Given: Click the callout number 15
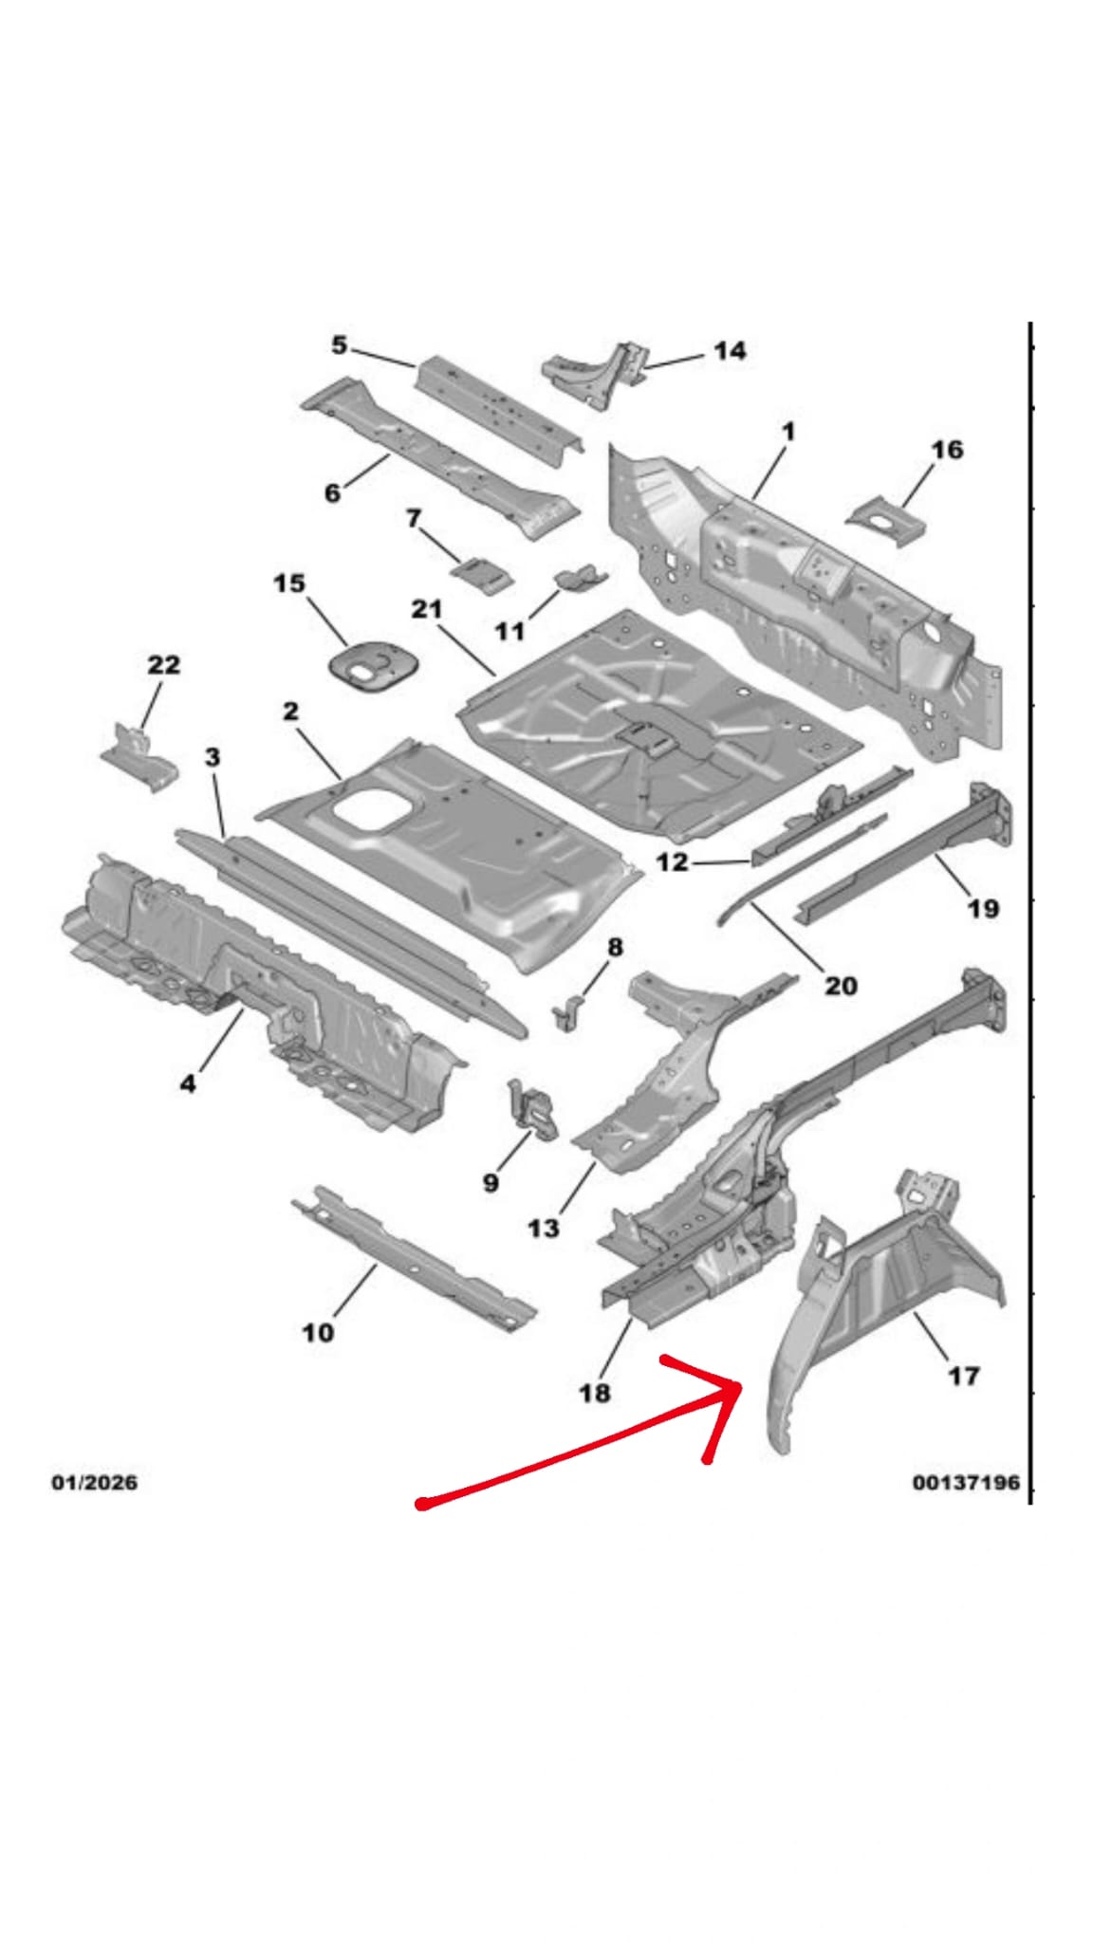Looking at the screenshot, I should point(289,583).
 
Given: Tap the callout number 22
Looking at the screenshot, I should point(163,664).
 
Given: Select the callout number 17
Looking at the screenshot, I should point(963,1375).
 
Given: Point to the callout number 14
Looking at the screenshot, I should point(729,351).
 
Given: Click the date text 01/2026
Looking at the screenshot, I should point(94,1482).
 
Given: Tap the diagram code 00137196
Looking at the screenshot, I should point(966,1482).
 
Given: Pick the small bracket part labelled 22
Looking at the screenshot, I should point(140,756).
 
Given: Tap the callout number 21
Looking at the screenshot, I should point(427,608).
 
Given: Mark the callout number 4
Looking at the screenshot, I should point(188,1082).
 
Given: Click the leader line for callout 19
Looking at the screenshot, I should point(952,875).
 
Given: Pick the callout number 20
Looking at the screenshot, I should point(841,986).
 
